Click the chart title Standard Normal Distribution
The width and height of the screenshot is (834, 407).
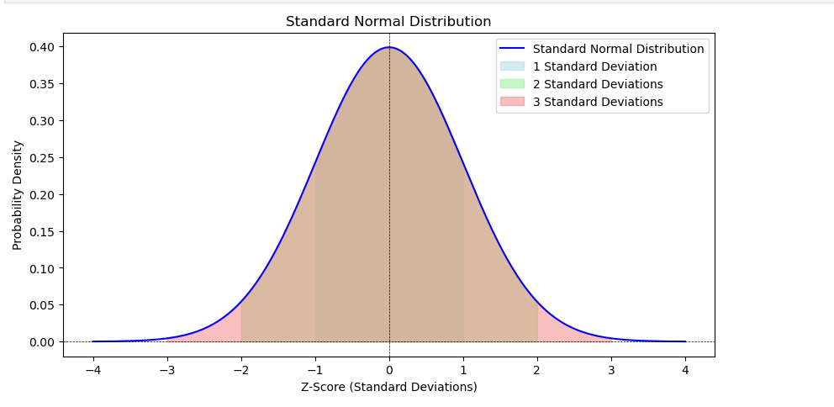click(x=388, y=21)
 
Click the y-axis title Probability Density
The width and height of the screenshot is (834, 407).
click(x=18, y=195)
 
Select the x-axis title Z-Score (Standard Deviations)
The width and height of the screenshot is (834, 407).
click(x=388, y=387)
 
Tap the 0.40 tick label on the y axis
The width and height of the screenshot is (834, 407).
click(x=44, y=47)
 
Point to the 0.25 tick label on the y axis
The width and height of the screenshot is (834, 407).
click(x=44, y=158)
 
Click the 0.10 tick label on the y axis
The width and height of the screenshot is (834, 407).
click(x=44, y=268)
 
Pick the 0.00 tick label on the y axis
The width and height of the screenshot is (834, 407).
click(x=44, y=342)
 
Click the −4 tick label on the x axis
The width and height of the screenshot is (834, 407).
click(x=92, y=368)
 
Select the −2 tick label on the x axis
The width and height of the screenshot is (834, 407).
click(x=240, y=368)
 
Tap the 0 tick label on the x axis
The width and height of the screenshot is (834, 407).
click(x=389, y=368)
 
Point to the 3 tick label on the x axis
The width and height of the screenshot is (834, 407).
click(x=611, y=368)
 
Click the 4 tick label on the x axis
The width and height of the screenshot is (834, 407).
click(x=685, y=368)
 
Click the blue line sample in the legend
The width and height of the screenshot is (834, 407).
click(x=512, y=49)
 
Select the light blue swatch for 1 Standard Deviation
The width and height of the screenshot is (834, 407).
click(x=512, y=66)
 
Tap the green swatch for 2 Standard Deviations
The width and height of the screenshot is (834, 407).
click(x=512, y=84)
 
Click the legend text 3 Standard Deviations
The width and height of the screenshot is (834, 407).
click(x=598, y=102)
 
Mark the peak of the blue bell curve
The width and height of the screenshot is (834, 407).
click(x=389, y=47)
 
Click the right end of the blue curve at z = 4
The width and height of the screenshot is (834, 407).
click(x=685, y=341)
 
